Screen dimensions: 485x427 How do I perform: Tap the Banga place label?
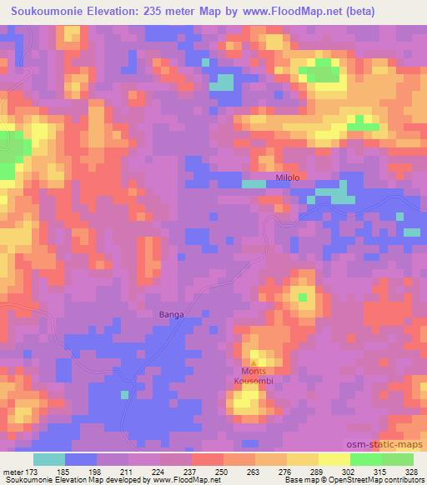[x=170, y=314]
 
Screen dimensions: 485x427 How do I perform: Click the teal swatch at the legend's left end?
[x=49, y=459]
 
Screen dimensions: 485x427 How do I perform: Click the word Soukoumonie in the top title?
[x=42, y=11]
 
